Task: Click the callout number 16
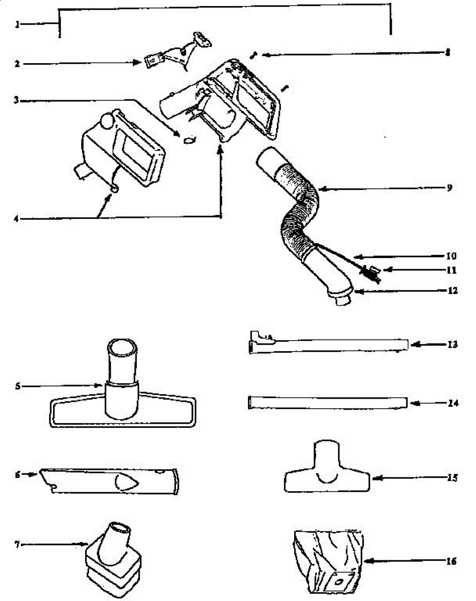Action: point(450,561)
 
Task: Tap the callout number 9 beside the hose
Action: point(449,188)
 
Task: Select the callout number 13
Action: point(451,345)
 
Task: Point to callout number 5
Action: point(18,386)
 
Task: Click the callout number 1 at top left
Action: point(17,24)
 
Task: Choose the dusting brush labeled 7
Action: point(110,558)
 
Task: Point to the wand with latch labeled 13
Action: point(328,345)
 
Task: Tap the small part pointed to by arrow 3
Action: point(189,141)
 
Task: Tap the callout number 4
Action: point(17,218)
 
